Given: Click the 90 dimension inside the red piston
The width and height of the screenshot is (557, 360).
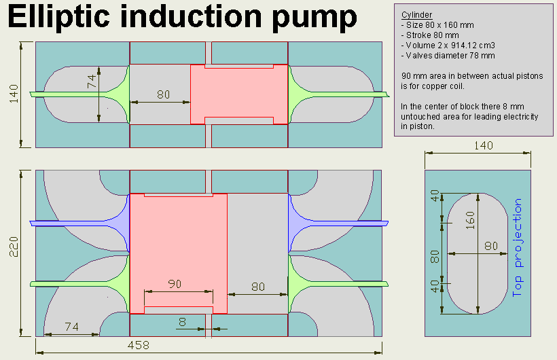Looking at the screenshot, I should pos(175,285).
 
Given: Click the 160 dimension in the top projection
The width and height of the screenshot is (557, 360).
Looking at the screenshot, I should pos(470,220).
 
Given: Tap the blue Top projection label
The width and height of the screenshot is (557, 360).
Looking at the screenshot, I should pos(518,249).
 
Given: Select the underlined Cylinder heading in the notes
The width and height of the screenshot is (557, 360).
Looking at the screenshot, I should pos(416,15).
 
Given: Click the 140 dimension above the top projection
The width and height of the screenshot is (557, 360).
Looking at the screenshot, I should pos(484,145).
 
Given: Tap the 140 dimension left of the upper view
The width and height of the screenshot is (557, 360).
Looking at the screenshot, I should pos(14,94).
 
